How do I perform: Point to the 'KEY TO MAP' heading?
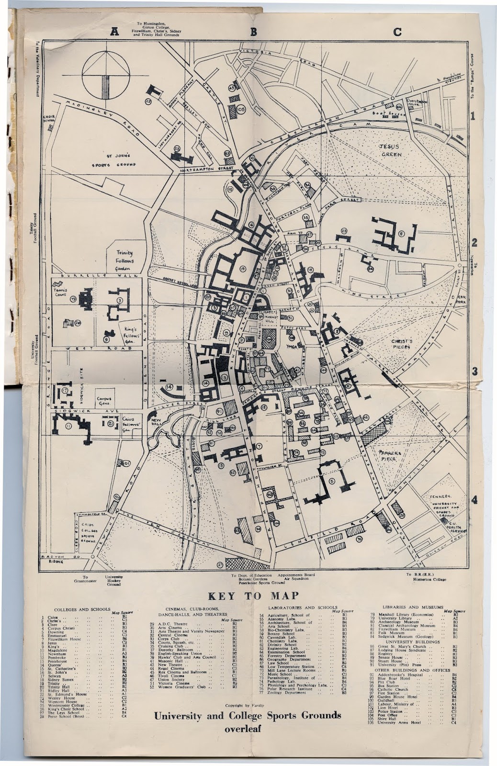[x=253, y=596]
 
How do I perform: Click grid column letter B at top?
[x=253, y=32]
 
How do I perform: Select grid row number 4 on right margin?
[x=474, y=500]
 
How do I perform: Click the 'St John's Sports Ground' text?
[x=114, y=160]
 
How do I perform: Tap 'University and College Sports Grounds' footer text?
[x=248, y=716]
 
